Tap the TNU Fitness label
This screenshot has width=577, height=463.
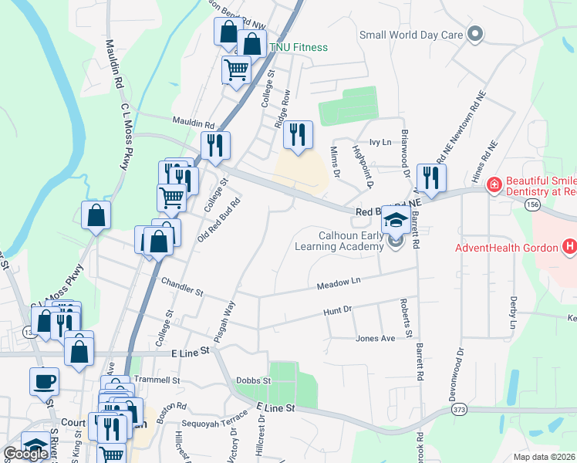pyautogui.click(x=298, y=48)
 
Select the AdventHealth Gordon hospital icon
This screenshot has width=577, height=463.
pyautogui.click(x=569, y=247)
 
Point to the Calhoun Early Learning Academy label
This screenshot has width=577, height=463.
pyautogui.click(x=339, y=241)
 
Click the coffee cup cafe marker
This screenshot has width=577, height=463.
pyautogui.click(x=44, y=380)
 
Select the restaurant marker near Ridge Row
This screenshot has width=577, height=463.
pyautogui.click(x=298, y=135)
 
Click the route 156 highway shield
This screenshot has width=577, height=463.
pyautogui.click(x=531, y=204)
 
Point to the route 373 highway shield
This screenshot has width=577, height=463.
pyautogui.click(x=461, y=408)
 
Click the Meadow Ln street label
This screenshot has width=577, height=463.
pyautogui.click(x=339, y=284)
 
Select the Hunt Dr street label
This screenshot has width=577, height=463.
pyautogui.click(x=337, y=310)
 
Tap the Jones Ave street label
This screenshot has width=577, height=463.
pyautogui.click(x=375, y=338)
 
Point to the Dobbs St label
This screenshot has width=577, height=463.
pyautogui.click(x=254, y=380)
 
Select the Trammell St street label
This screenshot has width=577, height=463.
pyautogui.click(x=157, y=380)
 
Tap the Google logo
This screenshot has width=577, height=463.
pyautogui.click(x=25, y=455)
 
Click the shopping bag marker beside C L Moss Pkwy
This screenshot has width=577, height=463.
pyautogui.click(x=96, y=215)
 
